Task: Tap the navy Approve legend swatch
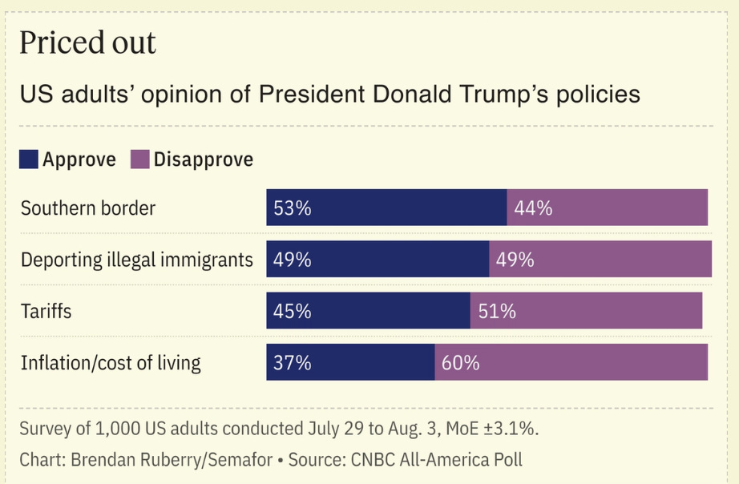(x=29, y=159)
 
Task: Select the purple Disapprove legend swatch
(x=140, y=159)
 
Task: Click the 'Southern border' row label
(x=88, y=208)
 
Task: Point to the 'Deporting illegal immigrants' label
(x=137, y=260)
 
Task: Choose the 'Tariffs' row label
(x=46, y=311)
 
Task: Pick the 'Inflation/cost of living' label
(x=111, y=363)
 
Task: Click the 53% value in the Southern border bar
(x=292, y=208)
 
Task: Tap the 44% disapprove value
(x=533, y=208)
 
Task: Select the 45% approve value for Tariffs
(x=292, y=311)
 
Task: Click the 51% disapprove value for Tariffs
(x=497, y=311)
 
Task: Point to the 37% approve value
(x=292, y=363)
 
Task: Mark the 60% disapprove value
(x=460, y=363)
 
